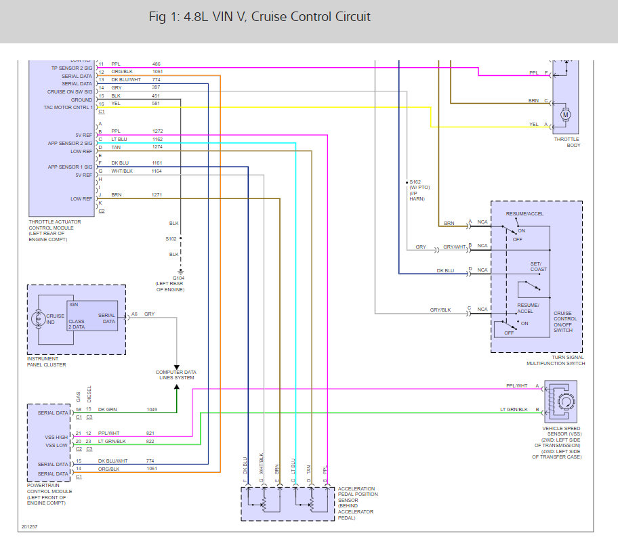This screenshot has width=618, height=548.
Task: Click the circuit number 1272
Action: coord(157,131)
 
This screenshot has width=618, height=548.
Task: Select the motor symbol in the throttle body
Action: coord(565,114)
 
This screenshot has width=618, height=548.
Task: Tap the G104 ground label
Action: coord(179,278)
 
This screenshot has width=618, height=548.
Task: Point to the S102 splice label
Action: coord(171,238)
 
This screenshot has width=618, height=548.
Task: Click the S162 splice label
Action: coord(415,182)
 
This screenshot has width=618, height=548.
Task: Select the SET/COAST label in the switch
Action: coord(539,266)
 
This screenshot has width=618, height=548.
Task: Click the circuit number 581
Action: coord(157,104)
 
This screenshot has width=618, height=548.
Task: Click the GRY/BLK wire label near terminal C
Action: coord(440,310)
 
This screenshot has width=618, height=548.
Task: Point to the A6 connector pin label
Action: coord(134,314)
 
